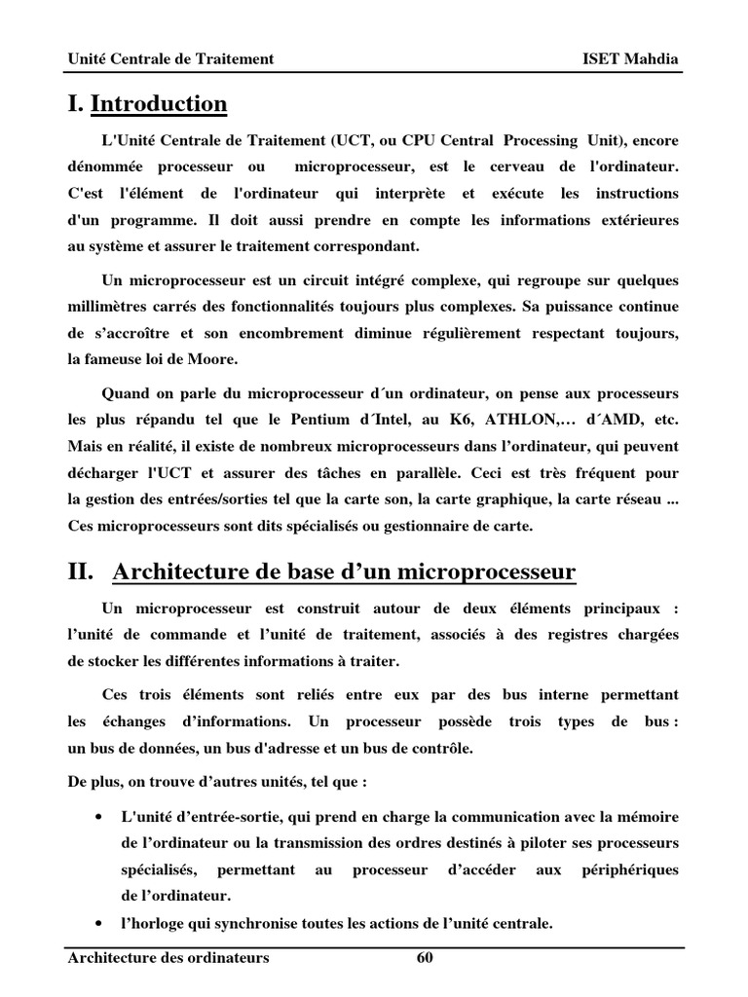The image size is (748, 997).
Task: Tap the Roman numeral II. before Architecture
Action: (81, 572)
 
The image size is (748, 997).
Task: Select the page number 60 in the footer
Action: (424, 958)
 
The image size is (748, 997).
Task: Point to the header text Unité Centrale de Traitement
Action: (170, 59)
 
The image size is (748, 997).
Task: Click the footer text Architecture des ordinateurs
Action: (168, 958)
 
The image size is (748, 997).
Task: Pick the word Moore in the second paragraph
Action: (213, 359)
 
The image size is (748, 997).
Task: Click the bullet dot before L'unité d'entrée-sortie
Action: (100, 815)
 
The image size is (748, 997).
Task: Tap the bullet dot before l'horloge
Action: (100, 922)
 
